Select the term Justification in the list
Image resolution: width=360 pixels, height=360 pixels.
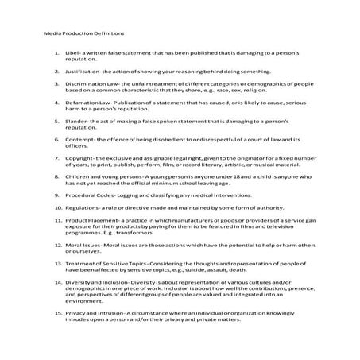pyautogui.click(x=80, y=71)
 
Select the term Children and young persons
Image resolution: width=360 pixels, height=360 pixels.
pyautogui.click(x=101, y=209)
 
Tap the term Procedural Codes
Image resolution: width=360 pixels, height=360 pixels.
pyautogui.click(x=87, y=234)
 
